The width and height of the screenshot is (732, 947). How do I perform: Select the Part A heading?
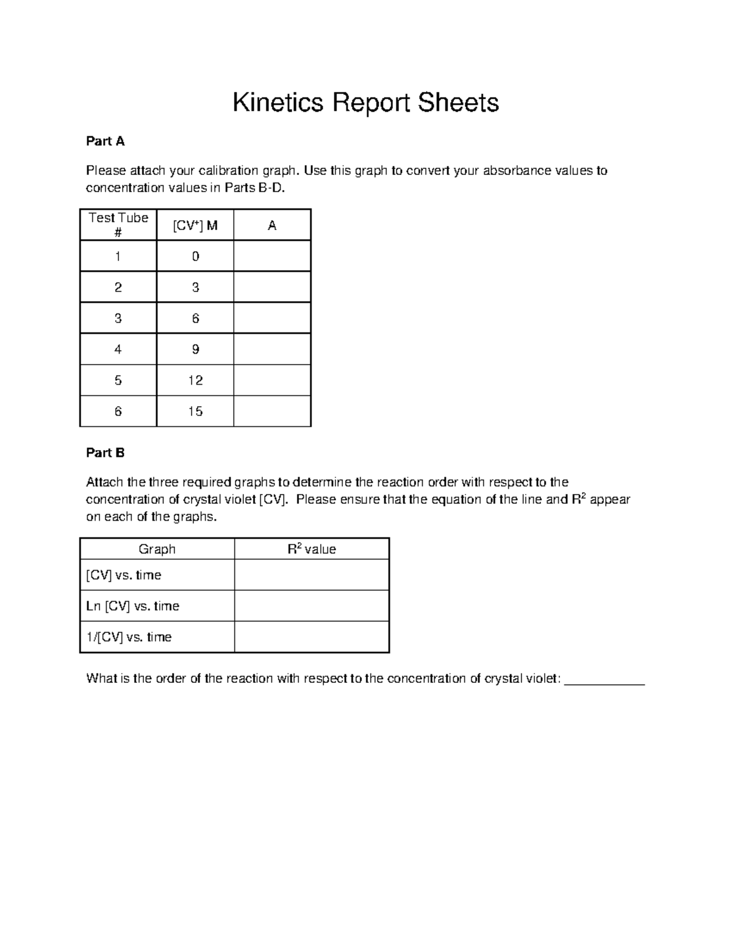(x=105, y=141)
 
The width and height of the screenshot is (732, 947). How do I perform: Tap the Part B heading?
(x=105, y=452)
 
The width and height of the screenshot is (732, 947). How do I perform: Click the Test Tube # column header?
(x=118, y=224)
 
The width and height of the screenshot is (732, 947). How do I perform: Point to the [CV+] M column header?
(x=195, y=226)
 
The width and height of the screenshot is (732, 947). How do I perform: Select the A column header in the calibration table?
(x=272, y=226)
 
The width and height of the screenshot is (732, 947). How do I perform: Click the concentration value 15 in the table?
(x=195, y=412)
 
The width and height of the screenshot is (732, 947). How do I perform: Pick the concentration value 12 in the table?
(x=195, y=381)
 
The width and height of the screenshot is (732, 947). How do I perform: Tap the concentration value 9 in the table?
(x=195, y=349)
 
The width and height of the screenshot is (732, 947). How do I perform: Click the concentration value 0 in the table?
(x=195, y=257)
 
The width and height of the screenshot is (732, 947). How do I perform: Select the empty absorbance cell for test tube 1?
(x=272, y=256)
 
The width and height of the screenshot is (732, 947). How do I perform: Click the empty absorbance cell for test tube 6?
(x=272, y=412)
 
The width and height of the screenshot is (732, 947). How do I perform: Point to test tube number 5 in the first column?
(x=118, y=381)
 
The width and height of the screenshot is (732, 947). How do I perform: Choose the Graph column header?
(x=157, y=549)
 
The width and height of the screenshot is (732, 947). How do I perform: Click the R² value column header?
(x=312, y=549)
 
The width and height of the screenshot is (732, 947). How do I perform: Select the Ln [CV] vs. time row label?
(x=132, y=606)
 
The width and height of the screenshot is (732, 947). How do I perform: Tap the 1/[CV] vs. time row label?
(x=129, y=637)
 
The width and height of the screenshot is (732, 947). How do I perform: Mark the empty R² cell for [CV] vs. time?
(x=312, y=575)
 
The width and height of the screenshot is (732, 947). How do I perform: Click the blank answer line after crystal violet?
(x=605, y=681)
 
